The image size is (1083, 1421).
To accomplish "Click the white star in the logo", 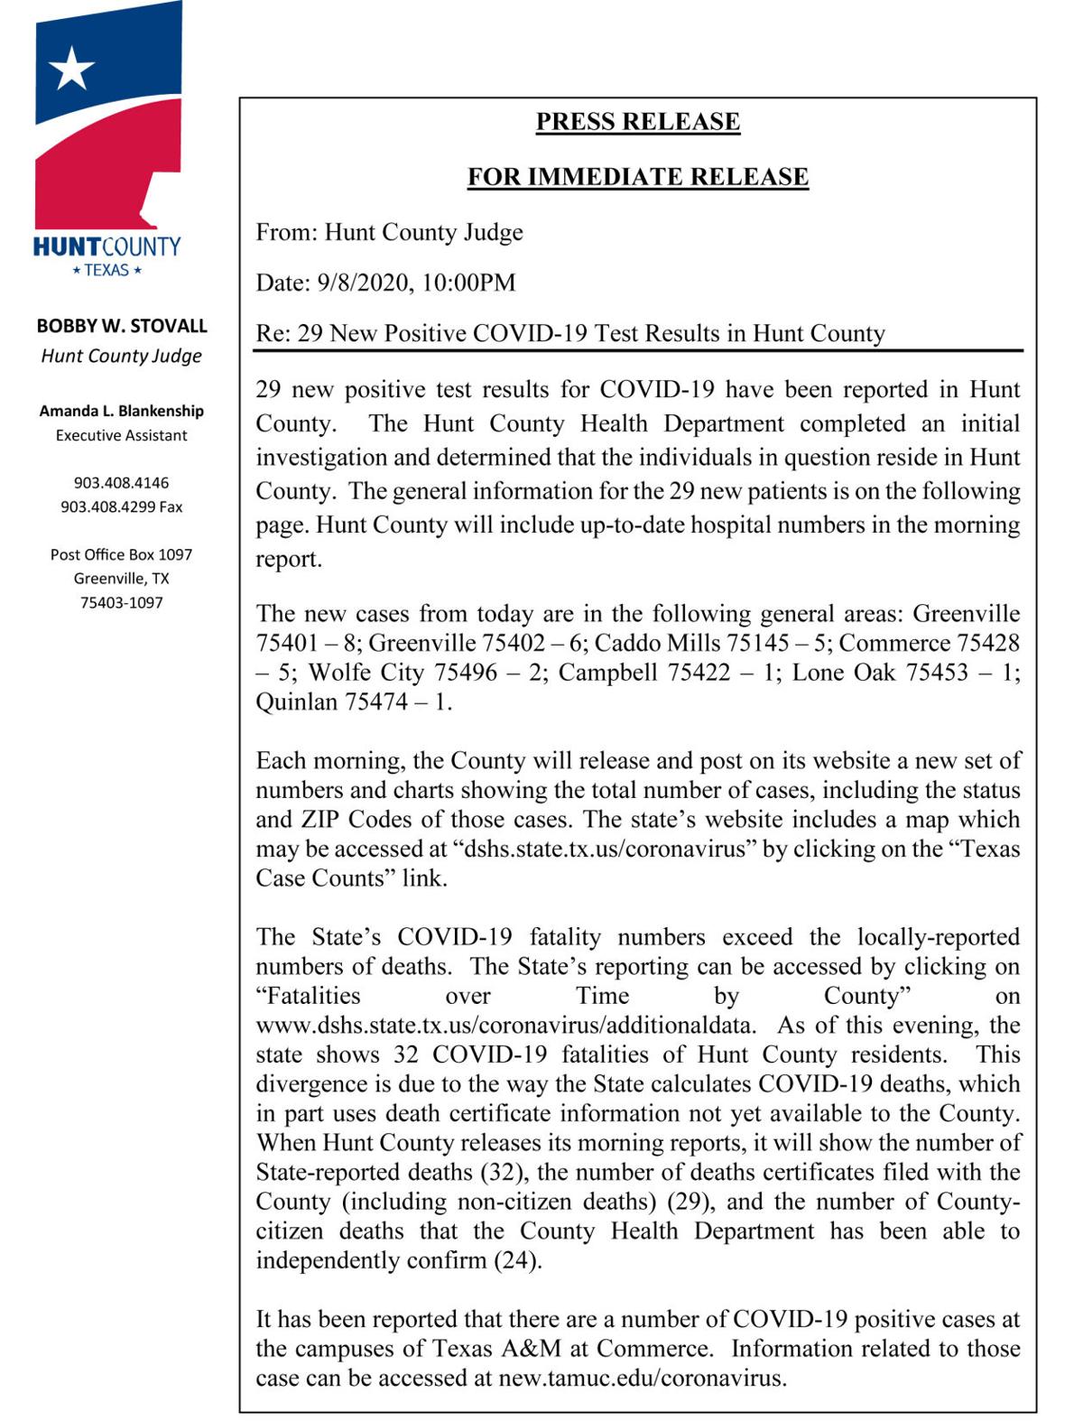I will click(71, 68).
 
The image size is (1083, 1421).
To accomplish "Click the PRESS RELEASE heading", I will click(637, 122).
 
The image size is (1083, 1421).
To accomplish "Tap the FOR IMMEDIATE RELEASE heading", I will click(637, 176).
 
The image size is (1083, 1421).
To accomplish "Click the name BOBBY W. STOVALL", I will click(122, 326).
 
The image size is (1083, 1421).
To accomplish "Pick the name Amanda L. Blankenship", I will click(122, 411).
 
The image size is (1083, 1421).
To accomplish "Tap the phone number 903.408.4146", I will click(122, 483).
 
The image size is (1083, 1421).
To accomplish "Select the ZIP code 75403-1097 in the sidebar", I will click(122, 602).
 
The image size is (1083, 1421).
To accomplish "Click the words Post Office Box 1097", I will click(122, 554).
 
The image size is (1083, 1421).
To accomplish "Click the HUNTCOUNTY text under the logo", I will click(107, 246).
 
